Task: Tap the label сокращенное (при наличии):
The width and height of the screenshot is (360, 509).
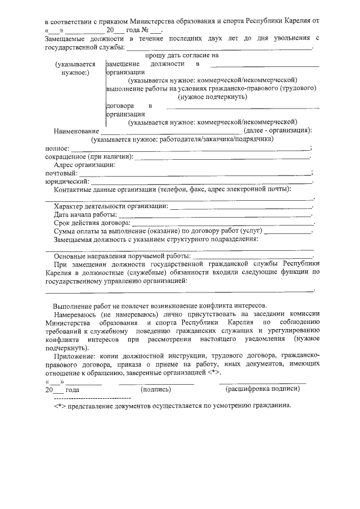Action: point(89,156)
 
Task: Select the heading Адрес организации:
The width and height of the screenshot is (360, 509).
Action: point(84,165)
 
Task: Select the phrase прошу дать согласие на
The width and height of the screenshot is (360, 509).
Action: point(182,56)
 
